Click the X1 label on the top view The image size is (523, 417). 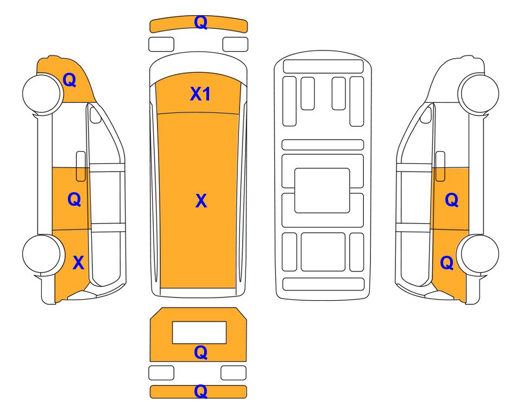tap(200, 94)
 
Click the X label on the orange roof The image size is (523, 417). tap(201, 201)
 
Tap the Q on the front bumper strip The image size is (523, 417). tap(201, 22)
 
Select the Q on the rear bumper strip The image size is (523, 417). tap(201, 391)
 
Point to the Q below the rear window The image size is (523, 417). tap(201, 352)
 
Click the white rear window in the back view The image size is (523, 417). tap(199, 332)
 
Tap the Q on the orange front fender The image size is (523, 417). tap(70, 80)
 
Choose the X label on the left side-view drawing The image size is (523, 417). tap(78, 263)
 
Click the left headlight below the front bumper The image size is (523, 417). tap(161, 45)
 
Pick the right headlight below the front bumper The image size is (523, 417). tap(235, 45)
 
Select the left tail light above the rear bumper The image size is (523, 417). tap(161, 372)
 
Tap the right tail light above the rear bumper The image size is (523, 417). tap(234, 372)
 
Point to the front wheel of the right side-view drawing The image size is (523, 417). tap(478, 93)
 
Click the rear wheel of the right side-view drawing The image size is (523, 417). tap(478, 254)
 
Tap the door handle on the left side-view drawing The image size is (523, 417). tap(81, 166)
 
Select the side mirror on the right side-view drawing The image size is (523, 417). tap(426, 115)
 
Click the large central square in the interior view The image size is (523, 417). tap(322, 191)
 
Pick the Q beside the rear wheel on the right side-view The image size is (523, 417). tap(447, 263)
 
